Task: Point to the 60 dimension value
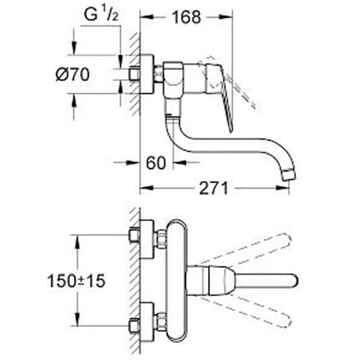(156, 163)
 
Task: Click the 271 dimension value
(212, 189)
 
